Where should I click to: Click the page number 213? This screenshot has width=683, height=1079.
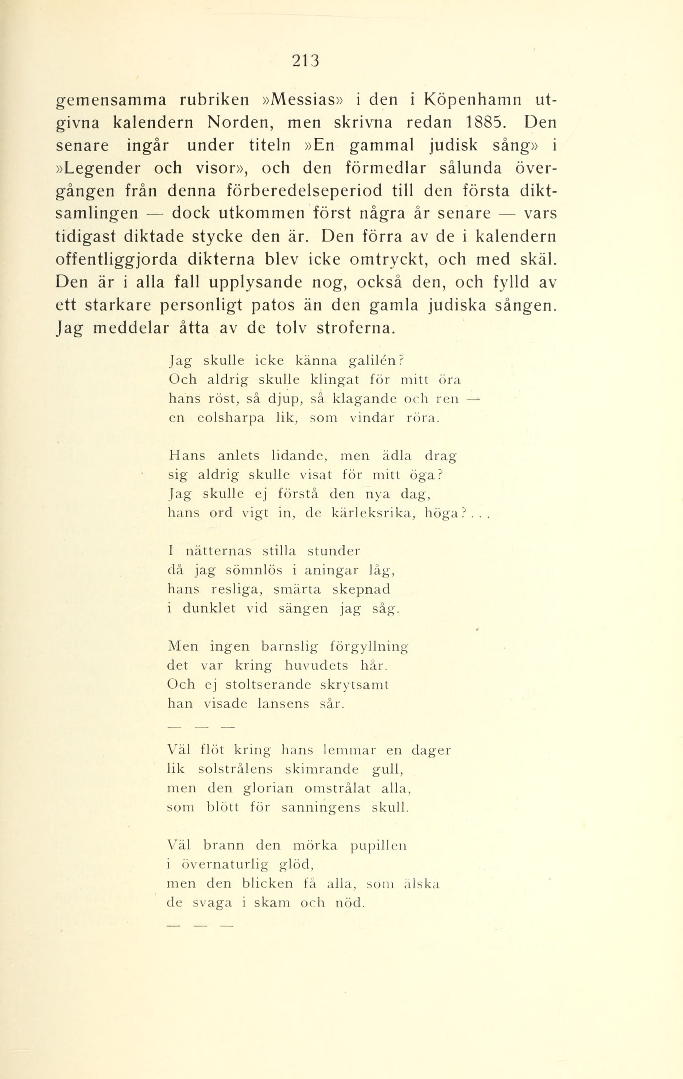click(306, 60)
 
